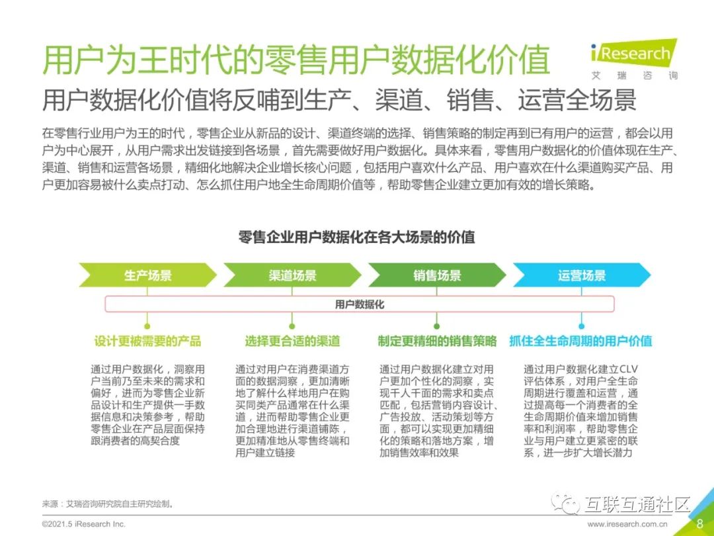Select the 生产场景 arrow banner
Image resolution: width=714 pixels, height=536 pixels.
pyautogui.click(x=147, y=275)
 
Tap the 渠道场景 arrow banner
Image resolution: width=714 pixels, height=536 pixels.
pyautogui.click(x=292, y=275)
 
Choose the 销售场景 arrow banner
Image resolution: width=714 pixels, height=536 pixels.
pyautogui.click(x=437, y=275)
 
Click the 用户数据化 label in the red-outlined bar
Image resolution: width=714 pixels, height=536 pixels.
pyautogui.click(x=359, y=304)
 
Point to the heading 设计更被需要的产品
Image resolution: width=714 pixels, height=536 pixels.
pyautogui.click(x=147, y=341)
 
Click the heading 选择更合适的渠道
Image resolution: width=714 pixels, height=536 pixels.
pyautogui.click(x=292, y=341)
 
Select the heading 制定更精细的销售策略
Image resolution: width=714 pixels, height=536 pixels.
pyautogui.click(x=437, y=341)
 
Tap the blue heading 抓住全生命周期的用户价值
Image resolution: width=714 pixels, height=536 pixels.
pyautogui.click(x=581, y=341)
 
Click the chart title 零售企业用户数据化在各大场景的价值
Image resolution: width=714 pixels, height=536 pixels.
pyautogui.click(x=357, y=237)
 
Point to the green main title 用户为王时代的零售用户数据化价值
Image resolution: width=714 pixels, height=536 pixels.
pyautogui.click(x=296, y=60)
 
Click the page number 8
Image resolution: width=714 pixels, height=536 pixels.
pyautogui.click(x=699, y=523)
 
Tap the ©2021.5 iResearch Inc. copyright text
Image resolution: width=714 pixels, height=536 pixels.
pyautogui.click(x=83, y=524)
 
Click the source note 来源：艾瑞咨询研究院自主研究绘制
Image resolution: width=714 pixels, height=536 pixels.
pyautogui.click(x=108, y=504)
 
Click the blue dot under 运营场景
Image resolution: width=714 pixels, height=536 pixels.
pyautogui.click(x=582, y=326)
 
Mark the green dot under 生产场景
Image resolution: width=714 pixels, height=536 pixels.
pyautogui.click(x=147, y=326)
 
